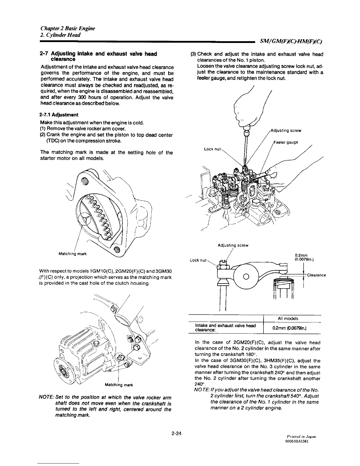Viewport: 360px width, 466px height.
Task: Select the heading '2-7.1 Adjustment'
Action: click(59, 115)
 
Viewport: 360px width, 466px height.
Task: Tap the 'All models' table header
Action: click(288, 319)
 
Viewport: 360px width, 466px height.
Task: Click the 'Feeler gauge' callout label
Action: click(286, 142)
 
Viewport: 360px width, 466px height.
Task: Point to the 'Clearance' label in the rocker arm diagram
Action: click(316, 275)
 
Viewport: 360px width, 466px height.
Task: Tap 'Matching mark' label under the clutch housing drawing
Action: click(119, 385)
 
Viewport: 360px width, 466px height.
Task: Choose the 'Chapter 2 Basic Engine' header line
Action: click(68, 29)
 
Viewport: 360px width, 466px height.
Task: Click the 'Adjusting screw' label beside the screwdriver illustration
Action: click(286, 131)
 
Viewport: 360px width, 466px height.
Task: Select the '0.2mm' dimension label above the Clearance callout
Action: click(301, 255)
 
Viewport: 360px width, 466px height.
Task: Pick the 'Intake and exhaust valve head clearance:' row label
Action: click(225, 328)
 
